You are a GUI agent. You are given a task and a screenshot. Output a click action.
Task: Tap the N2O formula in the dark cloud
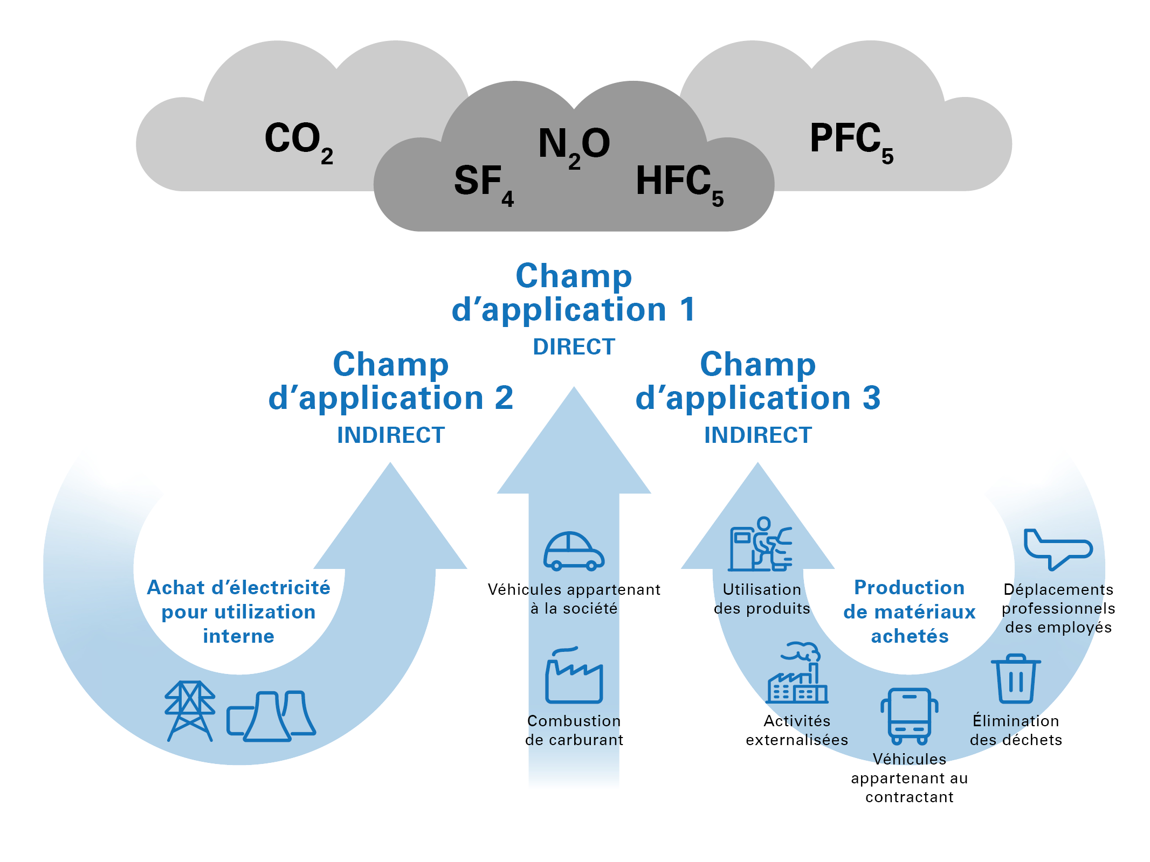pos(574,146)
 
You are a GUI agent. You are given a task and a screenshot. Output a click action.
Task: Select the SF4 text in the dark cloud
pos(483,184)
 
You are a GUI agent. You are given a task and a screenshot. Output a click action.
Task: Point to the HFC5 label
pos(679,184)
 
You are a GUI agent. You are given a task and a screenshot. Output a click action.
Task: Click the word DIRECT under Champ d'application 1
pos(574,347)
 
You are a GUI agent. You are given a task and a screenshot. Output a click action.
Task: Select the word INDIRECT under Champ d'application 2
pos(391,435)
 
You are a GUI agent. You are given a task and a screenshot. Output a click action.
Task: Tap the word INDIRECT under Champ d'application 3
pos(758,435)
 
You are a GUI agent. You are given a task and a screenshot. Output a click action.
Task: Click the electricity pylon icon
pos(190,711)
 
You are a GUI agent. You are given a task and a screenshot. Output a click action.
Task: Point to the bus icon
pos(909,716)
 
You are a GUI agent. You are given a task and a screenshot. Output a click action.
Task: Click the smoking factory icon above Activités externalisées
pos(797,673)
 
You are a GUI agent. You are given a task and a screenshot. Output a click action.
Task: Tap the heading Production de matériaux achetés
pos(909,612)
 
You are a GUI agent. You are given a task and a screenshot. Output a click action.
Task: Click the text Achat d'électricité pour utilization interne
pos(238,612)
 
